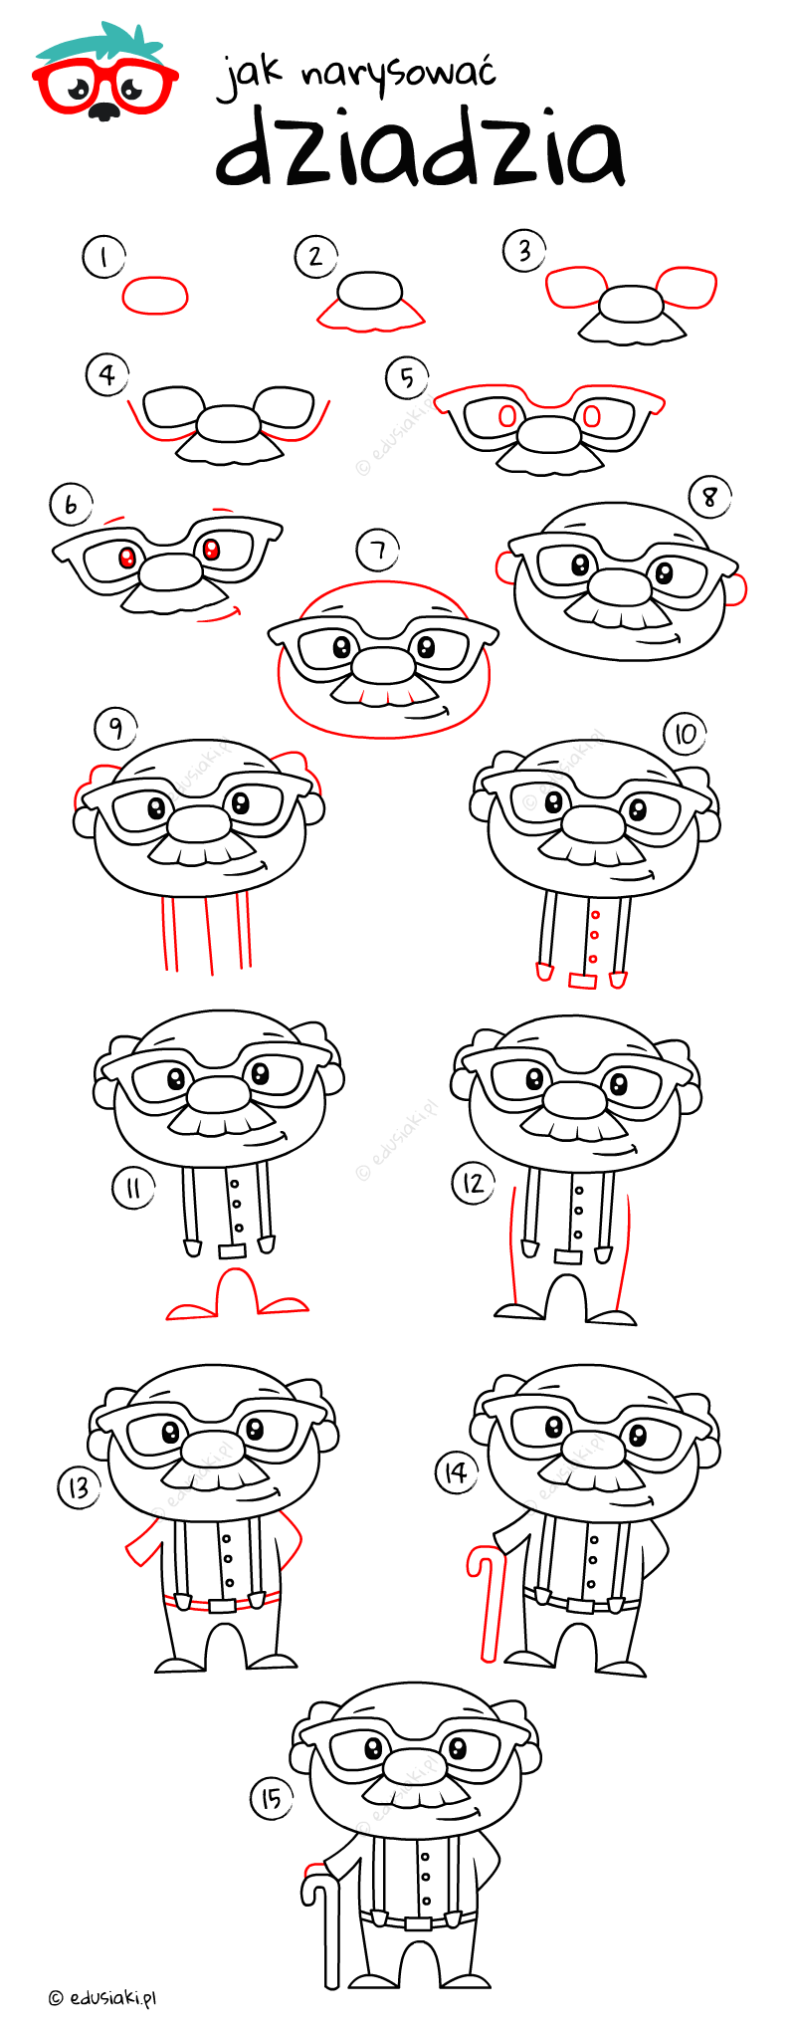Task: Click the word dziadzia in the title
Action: pos(421,148)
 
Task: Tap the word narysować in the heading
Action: pos(398,75)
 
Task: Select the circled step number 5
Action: pos(407,378)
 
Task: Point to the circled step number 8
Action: pos(709,496)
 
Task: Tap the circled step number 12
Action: pos(474,1183)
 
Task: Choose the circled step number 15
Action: pos(271,1799)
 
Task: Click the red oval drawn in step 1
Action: pos(155,295)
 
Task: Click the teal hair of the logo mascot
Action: pos(99,42)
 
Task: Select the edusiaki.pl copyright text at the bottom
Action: pos(102,1997)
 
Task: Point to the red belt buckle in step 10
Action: pos(582,981)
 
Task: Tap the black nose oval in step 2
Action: pos(370,292)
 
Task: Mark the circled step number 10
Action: pos(685,735)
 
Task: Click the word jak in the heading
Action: pos(250,78)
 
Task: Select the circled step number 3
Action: pos(524,251)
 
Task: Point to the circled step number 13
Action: pos(79,1488)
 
